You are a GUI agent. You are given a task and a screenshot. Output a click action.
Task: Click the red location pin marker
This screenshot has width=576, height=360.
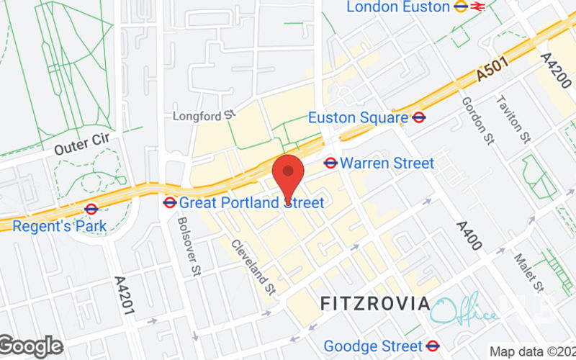click(288, 174)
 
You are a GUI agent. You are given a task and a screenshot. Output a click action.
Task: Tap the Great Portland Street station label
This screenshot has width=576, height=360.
click(251, 203)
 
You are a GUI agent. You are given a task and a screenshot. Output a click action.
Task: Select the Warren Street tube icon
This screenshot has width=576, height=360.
click(331, 163)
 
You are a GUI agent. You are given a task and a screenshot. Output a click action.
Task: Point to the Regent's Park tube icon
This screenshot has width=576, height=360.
click(91, 210)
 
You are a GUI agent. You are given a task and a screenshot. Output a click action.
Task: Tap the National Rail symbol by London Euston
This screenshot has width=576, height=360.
click(477, 6)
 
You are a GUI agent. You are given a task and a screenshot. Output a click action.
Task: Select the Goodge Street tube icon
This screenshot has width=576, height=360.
click(433, 346)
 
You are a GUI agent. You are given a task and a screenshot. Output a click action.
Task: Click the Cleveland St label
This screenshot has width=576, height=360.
click(253, 267)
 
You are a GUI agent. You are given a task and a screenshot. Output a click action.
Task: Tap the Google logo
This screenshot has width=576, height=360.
click(31, 346)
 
